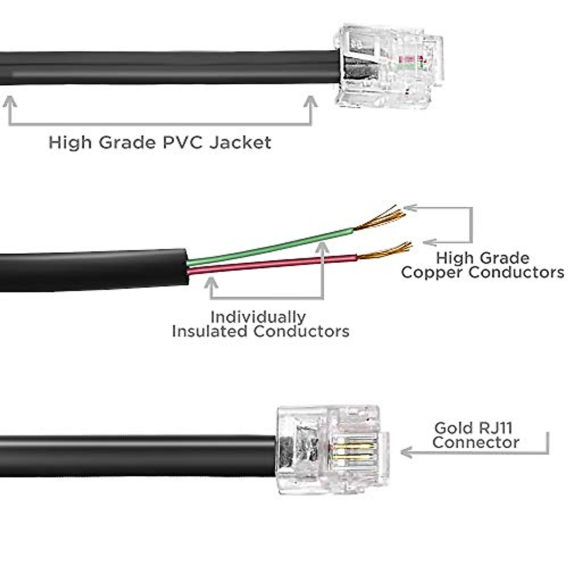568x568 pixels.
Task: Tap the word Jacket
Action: tap(240, 142)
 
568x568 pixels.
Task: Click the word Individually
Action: tap(258, 317)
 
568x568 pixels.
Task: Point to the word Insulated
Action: tap(210, 331)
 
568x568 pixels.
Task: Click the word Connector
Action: tap(476, 443)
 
